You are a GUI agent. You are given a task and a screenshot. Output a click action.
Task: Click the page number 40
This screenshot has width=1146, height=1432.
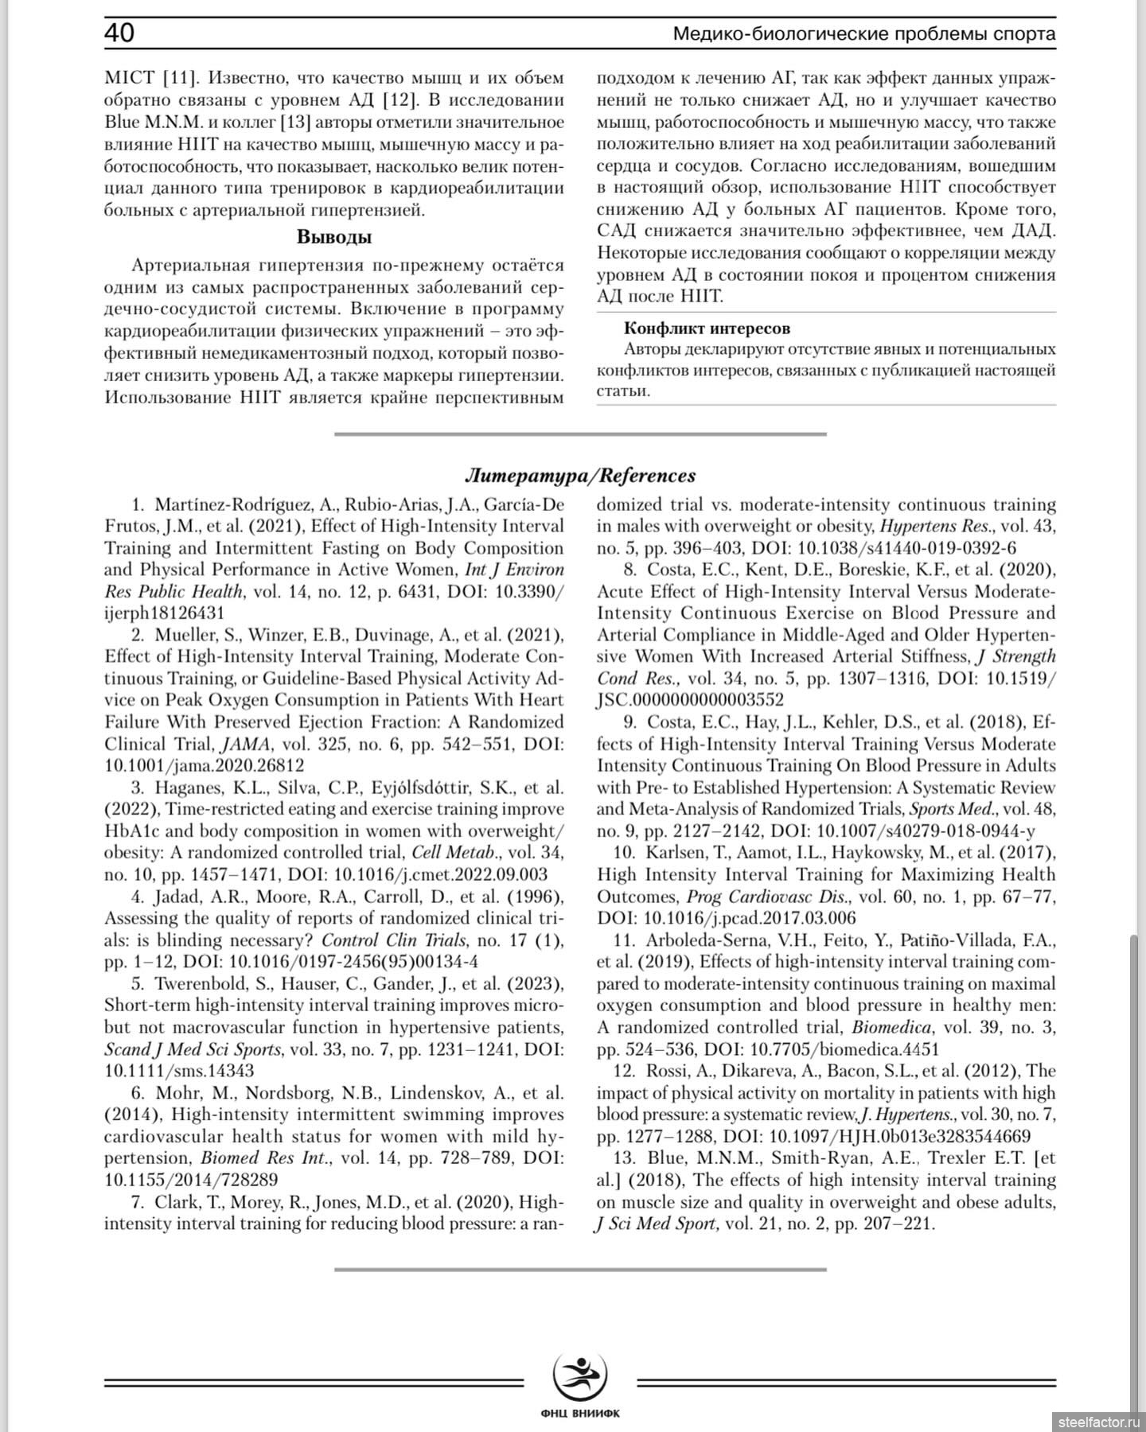pyautogui.click(x=119, y=33)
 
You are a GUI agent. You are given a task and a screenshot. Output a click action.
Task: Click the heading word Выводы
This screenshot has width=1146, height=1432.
pyautogui.click(x=334, y=237)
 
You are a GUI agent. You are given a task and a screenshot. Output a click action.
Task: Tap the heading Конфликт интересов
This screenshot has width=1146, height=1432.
pyautogui.click(x=707, y=328)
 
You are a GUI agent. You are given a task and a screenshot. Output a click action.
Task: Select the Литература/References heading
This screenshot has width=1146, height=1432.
pyautogui.click(x=579, y=476)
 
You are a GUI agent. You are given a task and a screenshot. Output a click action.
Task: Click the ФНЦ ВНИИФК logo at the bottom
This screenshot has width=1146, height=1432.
pyautogui.click(x=579, y=1381)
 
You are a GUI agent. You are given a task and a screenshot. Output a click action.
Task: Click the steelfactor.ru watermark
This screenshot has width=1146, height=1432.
pyautogui.click(x=1100, y=1418)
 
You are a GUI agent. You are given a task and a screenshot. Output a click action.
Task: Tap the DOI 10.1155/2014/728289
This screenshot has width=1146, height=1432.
pyautogui.click(x=191, y=1180)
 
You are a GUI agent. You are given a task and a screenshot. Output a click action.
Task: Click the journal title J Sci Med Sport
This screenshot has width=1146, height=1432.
pyautogui.click(x=657, y=1224)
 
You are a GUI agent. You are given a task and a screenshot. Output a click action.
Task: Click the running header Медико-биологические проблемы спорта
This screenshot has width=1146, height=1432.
pyautogui.click(x=864, y=34)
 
